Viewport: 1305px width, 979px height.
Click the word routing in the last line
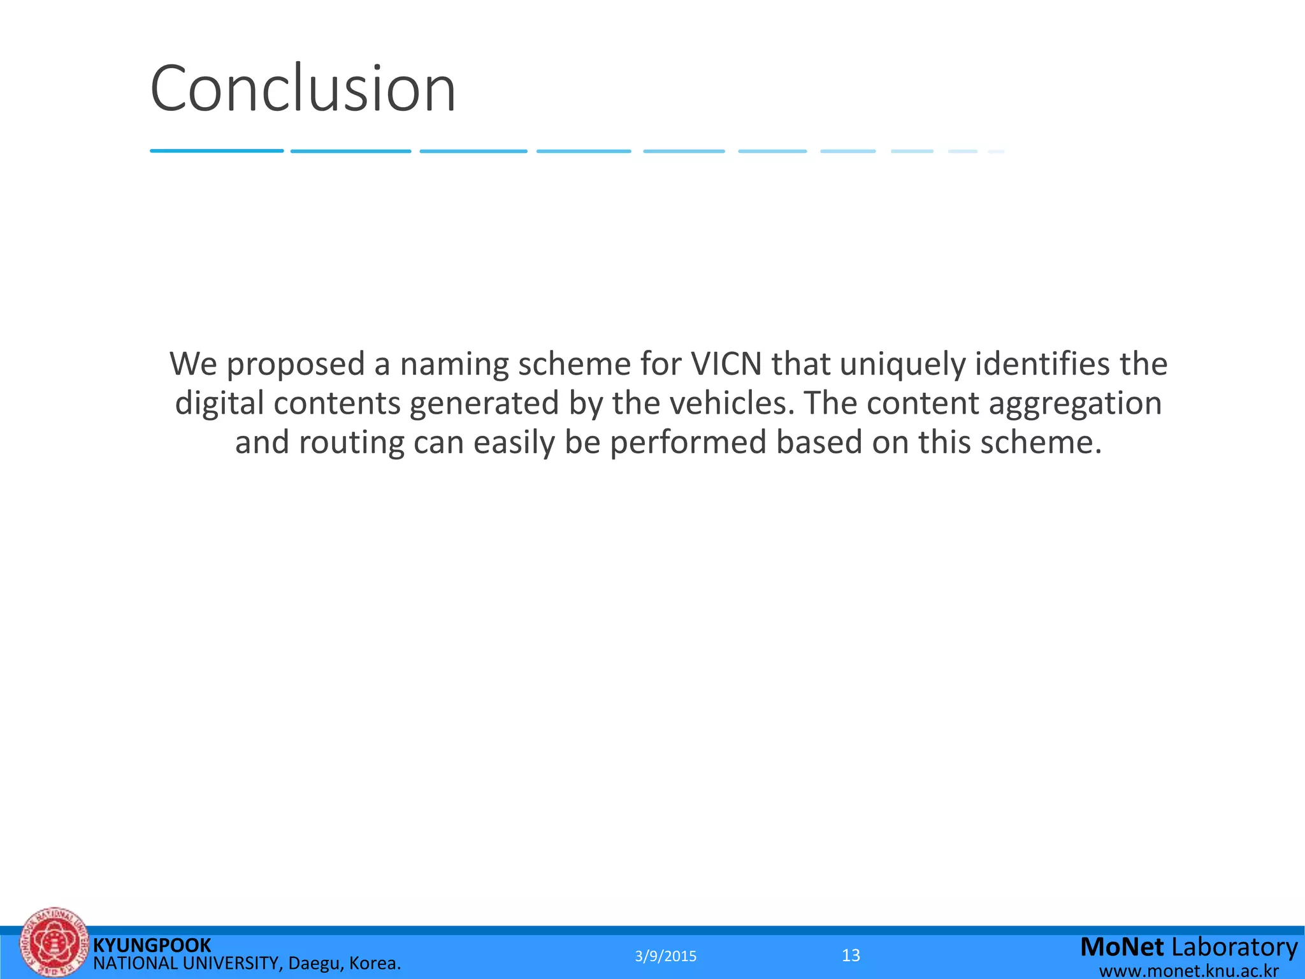tap(352, 443)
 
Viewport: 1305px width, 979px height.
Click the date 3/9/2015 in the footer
tap(666, 956)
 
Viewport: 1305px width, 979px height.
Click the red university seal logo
tap(54, 943)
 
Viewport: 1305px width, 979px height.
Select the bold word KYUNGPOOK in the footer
tap(152, 945)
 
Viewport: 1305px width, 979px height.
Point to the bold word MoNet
tap(1122, 947)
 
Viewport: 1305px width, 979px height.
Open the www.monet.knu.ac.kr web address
tap(1189, 971)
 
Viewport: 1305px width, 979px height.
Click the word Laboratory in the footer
tap(1234, 947)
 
